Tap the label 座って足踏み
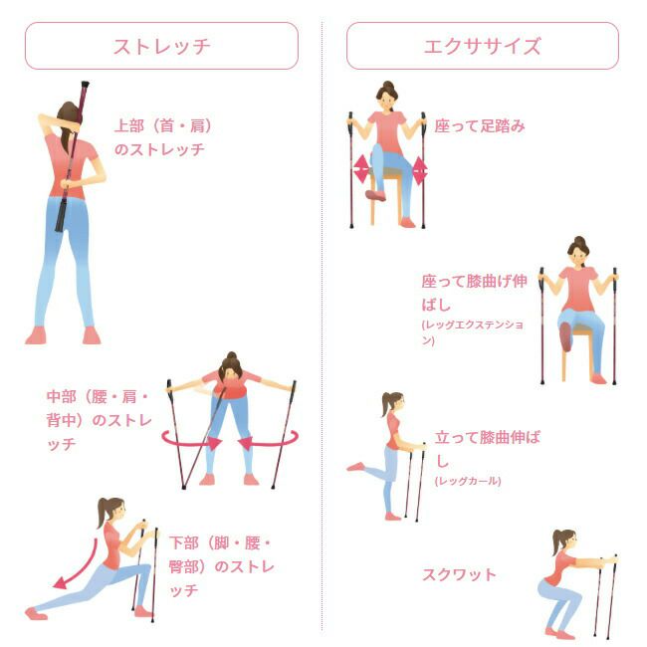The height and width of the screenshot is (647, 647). [480, 125]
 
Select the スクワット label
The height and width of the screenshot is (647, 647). [459, 574]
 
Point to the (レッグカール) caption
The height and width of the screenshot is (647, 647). [468, 481]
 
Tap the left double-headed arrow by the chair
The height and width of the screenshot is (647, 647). [361, 169]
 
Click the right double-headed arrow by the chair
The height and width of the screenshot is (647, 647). [420, 170]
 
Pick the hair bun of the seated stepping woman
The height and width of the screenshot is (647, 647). [388, 86]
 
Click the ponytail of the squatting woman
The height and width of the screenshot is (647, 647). [557, 541]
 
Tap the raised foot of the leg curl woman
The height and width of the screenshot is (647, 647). [355, 467]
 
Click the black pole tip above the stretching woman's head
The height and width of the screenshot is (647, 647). [85, 86]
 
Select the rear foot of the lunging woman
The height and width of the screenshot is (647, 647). [36, 613]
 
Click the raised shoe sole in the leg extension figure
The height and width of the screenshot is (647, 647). [565, 336]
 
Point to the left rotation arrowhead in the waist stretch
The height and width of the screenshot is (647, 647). [214, 443]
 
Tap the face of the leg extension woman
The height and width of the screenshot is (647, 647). [578, 257]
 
